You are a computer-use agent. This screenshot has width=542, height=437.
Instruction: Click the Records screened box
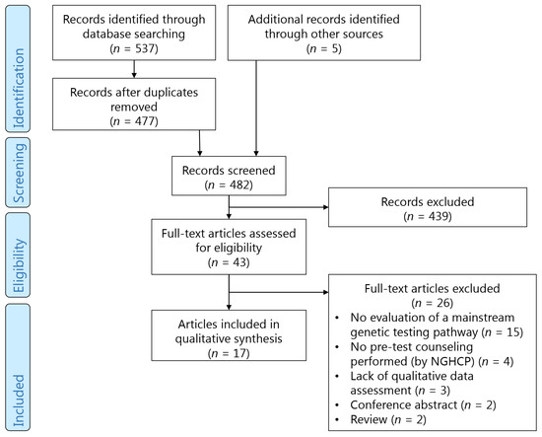228,175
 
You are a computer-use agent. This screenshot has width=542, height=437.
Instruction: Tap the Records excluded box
419,209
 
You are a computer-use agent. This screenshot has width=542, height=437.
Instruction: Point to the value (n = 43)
228,264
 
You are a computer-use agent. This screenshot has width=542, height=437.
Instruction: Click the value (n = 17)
228,353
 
